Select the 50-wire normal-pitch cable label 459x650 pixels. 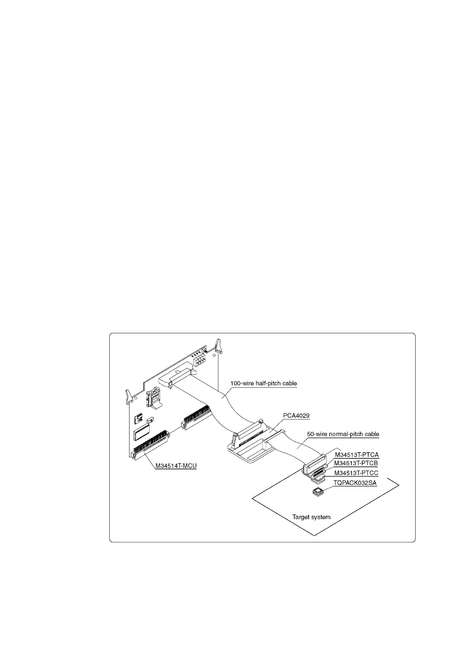(343, 434)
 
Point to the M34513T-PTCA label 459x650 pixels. (357, 454)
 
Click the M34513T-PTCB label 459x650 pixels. (357, 464)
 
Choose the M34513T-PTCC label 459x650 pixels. (357, 473)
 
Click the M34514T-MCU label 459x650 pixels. (176, 466)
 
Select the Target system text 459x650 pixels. (311, 517)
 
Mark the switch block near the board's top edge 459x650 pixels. (199, 359)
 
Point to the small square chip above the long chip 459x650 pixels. (139, 417)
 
